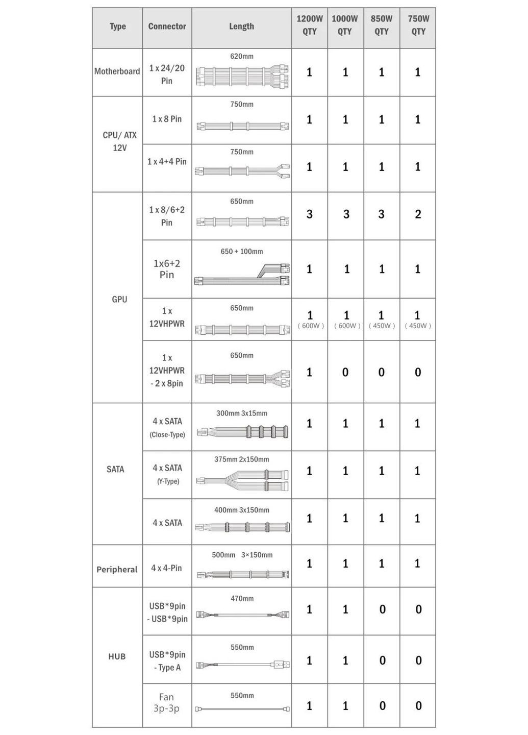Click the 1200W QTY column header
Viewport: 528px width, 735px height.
point(310,25)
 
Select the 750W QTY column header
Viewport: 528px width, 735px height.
point(418,25)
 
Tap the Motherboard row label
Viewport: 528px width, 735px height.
point(117,71)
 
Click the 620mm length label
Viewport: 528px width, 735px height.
point(242,56)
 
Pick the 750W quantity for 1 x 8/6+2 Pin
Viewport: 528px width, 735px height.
point(418,214)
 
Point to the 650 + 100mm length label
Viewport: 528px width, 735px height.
point(242,251)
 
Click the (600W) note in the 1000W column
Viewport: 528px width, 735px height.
point(347,326)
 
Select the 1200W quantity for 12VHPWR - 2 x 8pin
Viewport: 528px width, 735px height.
point(310,372)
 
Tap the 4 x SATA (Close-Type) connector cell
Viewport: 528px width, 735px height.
point(167,427)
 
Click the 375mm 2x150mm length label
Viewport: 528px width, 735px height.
point(242,459)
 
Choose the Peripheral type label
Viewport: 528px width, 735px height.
point(117,569)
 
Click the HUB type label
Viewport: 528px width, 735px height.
point(117,656)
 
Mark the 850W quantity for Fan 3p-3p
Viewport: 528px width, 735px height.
point(382,706)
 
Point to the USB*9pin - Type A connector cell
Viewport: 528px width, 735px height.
point(167,660)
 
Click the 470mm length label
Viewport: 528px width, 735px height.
point(242,598)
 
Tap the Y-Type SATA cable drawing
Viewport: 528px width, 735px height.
point(242,480)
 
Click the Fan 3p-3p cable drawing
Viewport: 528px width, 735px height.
point(242,709)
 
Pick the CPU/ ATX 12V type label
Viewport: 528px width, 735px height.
point(119,141)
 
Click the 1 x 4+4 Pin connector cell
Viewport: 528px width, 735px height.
point(167,161)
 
